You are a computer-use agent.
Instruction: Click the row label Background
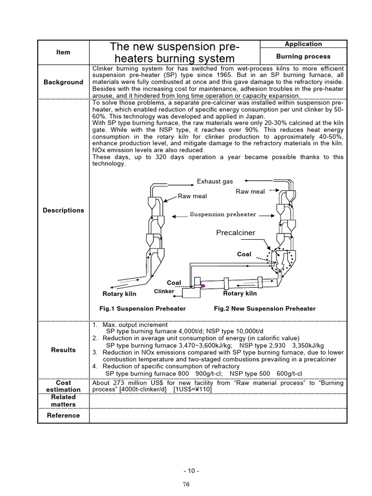click(x=63, y=82)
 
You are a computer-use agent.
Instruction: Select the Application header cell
click(x=303, y=44)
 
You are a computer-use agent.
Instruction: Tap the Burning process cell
click(x=303, y=57)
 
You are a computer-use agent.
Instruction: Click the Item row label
click(x=63, y=52)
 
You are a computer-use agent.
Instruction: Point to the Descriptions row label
click(x=63, y=210)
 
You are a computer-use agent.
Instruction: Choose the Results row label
click(x=63, y=350)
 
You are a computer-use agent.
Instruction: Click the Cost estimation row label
click(x=63, y=386)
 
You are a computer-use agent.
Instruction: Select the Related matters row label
click(x=63, y=401)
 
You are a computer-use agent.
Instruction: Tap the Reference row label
click(x=63, y=415)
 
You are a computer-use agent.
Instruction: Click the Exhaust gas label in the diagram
click(x=215, y=182)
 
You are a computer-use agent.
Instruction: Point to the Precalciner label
click(x=235, y=233)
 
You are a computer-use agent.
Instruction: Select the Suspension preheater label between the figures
click(x=223, y=214)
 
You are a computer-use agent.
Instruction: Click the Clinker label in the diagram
click(x=164, y=291)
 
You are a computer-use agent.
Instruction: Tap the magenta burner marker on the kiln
click(x=203, y=286)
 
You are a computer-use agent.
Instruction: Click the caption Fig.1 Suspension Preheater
click(x=142, y=309)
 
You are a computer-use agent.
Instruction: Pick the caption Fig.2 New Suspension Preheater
click(x=264, y=309)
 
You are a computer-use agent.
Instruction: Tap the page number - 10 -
click(x=191, y=471)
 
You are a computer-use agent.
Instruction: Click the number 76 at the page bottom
click(x=186, y=484)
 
